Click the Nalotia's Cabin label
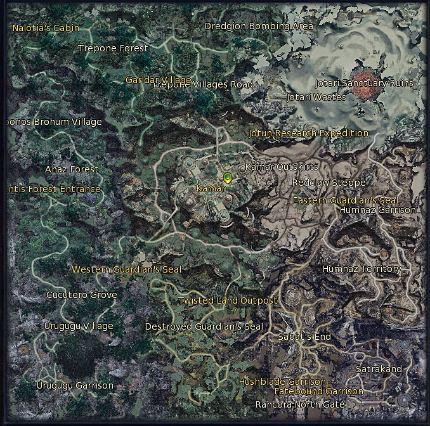point(46,28)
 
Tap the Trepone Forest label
point(113,48)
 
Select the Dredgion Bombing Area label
point(259,26)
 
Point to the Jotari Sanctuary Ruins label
point(364,83)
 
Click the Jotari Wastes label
point(316,97)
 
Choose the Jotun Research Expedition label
point(308,133)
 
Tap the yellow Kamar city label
point(211,189)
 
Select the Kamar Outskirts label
point(282,167)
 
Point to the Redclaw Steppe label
point(329,183)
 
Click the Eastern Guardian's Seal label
point(345,200)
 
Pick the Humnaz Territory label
point(362,269)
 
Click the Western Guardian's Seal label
point(126,269)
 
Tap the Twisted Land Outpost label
point(228,300)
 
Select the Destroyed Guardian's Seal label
point(204,326)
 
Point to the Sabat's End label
point(304,337)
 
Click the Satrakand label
point(379,369)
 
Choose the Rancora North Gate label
point(300,404)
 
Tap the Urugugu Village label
point(78,326)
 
